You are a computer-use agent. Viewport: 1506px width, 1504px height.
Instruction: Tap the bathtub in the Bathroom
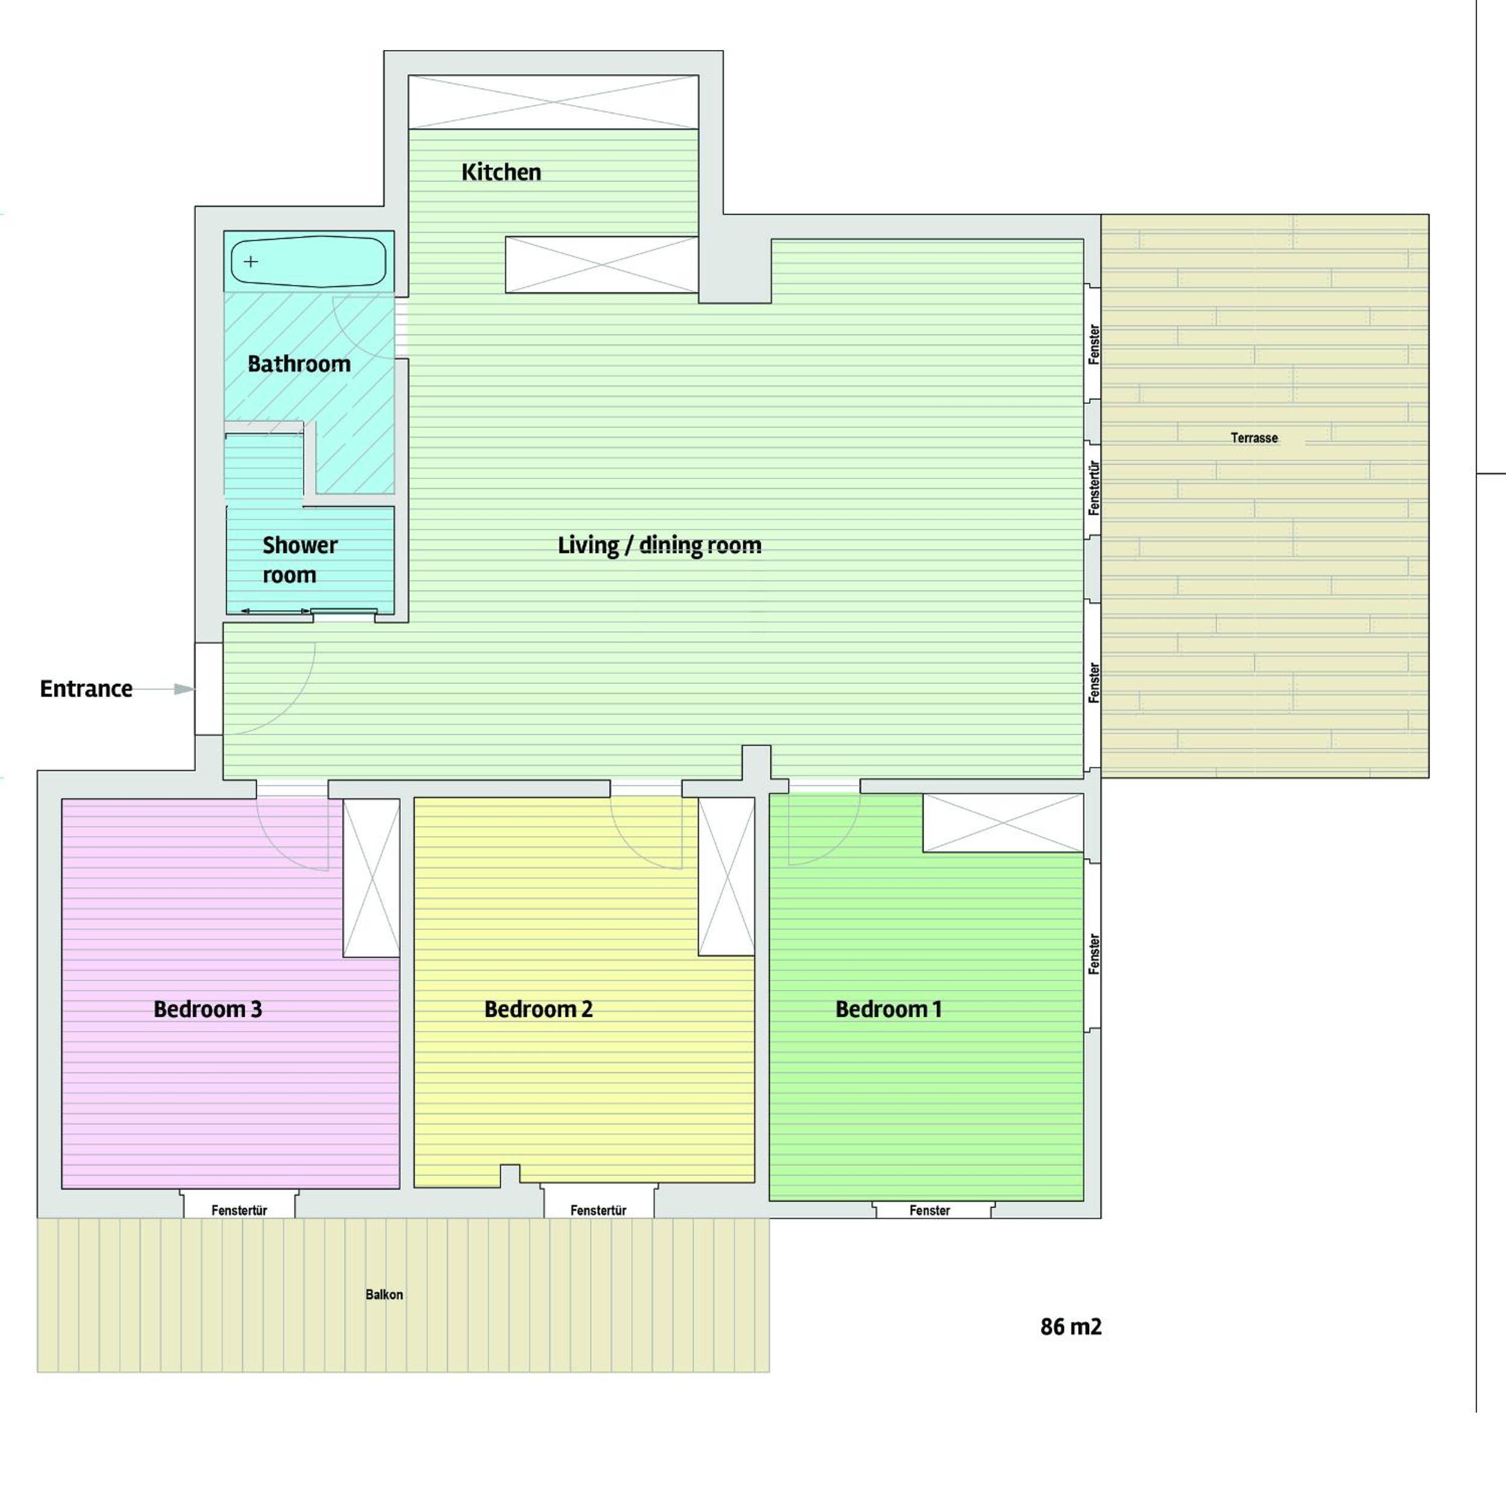(x=308, y=261)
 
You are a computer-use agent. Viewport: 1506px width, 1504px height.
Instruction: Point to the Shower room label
(x=300, y=560)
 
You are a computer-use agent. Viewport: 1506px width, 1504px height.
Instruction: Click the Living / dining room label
(x=659, y=545)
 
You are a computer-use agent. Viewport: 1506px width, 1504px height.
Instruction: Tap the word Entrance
(x=86, y=689)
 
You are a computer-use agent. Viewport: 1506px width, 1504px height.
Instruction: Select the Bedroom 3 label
(x=207, y=1009)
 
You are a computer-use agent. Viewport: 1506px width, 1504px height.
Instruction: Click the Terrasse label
(x=1254, y=438)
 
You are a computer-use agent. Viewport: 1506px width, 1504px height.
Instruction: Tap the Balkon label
(x=384, y=1294)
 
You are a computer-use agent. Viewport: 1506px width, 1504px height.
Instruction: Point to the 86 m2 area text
(x=1070, y=1326)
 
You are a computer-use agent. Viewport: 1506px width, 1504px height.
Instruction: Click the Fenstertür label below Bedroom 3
(x=239, y=1210)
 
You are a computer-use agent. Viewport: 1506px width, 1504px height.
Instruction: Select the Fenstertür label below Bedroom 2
(x=598, y=1210)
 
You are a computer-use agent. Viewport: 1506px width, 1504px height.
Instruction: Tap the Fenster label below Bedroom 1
(x=929, y=1210)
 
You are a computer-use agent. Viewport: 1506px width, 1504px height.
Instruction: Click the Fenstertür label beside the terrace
(x=1094, y=488)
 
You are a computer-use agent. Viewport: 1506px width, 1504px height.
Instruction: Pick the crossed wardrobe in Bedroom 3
(x=371, y=877)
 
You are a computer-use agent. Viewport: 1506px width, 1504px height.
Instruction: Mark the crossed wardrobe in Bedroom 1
(x=1003, y=823)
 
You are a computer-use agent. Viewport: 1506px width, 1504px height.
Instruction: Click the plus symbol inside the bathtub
(x=250, y=261)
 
